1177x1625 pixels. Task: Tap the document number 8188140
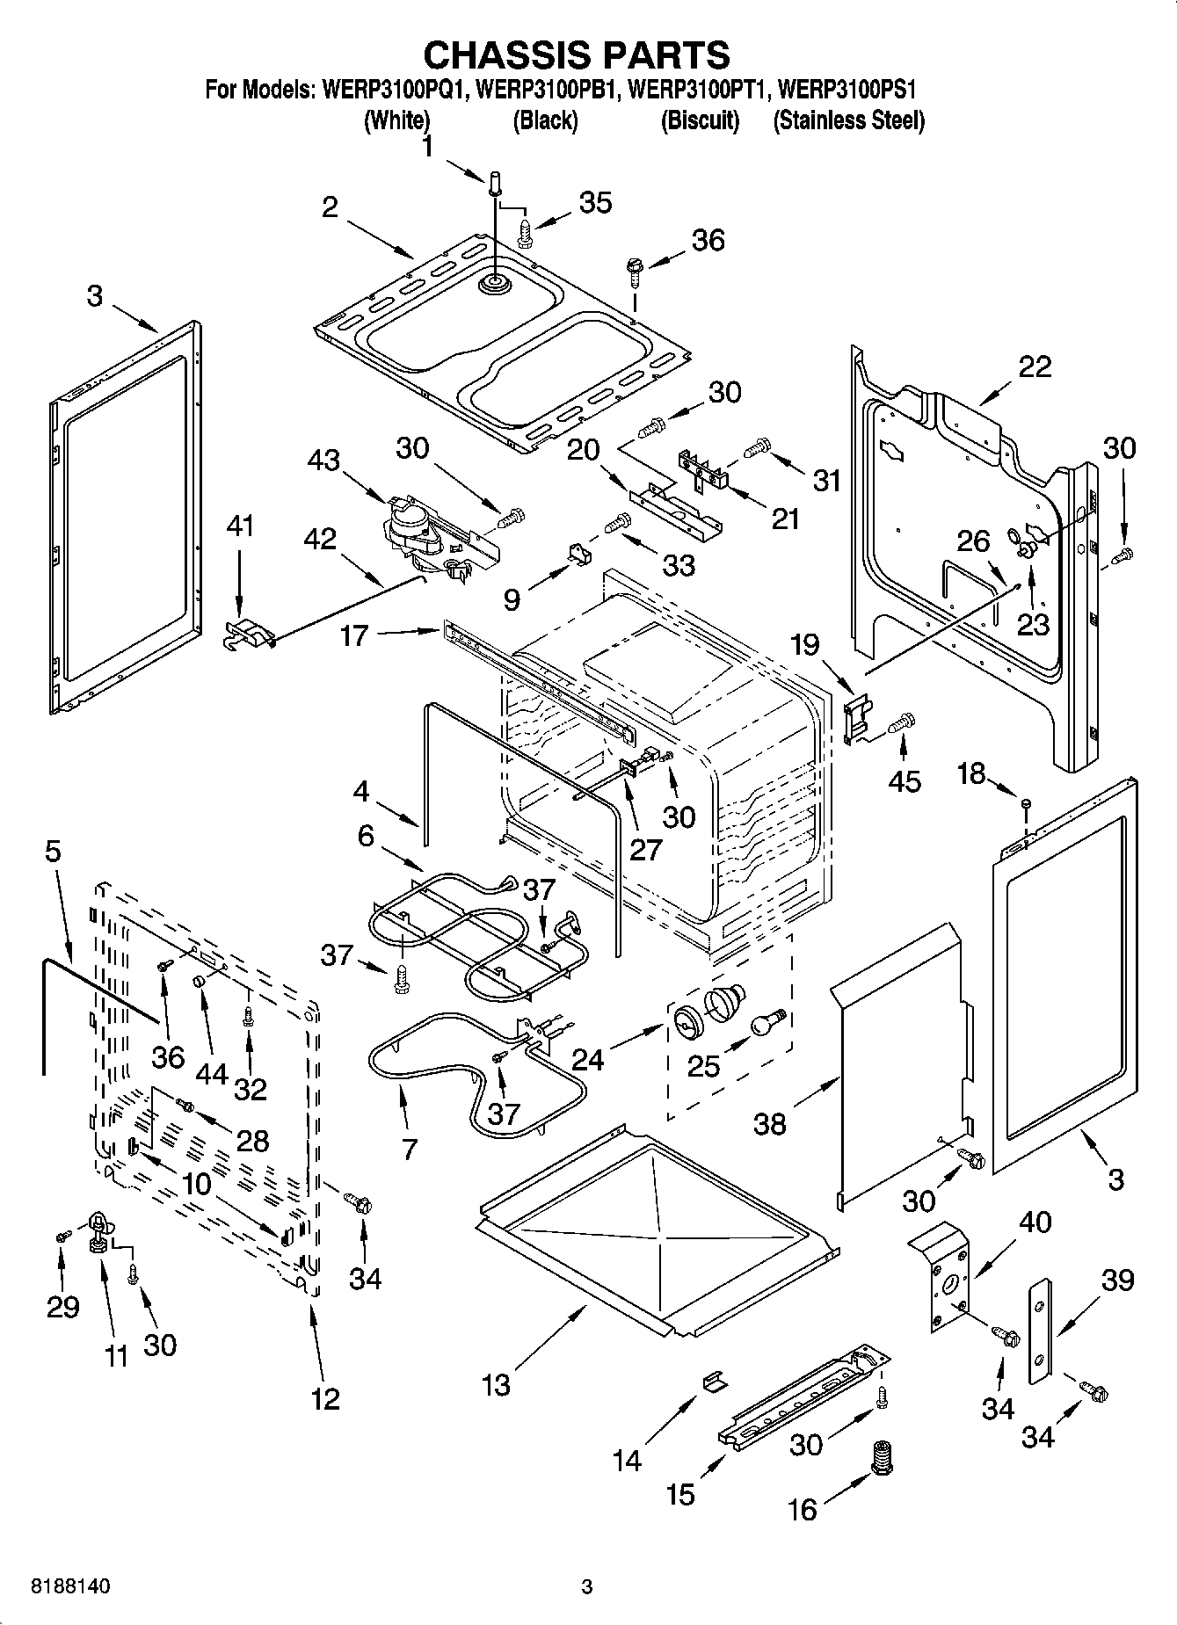click(x=71, y=1587)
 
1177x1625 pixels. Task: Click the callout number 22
click(x=1034, y=366)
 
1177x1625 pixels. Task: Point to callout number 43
click(x=325, y=460)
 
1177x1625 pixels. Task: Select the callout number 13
click(x=496, y=1385)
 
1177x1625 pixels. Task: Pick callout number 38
click(x=769, y=1124)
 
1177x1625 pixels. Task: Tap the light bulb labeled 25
click(x=765, y=1022)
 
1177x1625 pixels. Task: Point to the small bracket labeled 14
click(x=714, y=1382)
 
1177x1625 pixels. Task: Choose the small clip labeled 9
click(x=578, y=553)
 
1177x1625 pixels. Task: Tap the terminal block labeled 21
click(x=704, y=467)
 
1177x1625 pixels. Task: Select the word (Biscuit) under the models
click(x=700, y=120)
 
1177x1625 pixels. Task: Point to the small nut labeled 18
click(x=1025, y=803)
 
